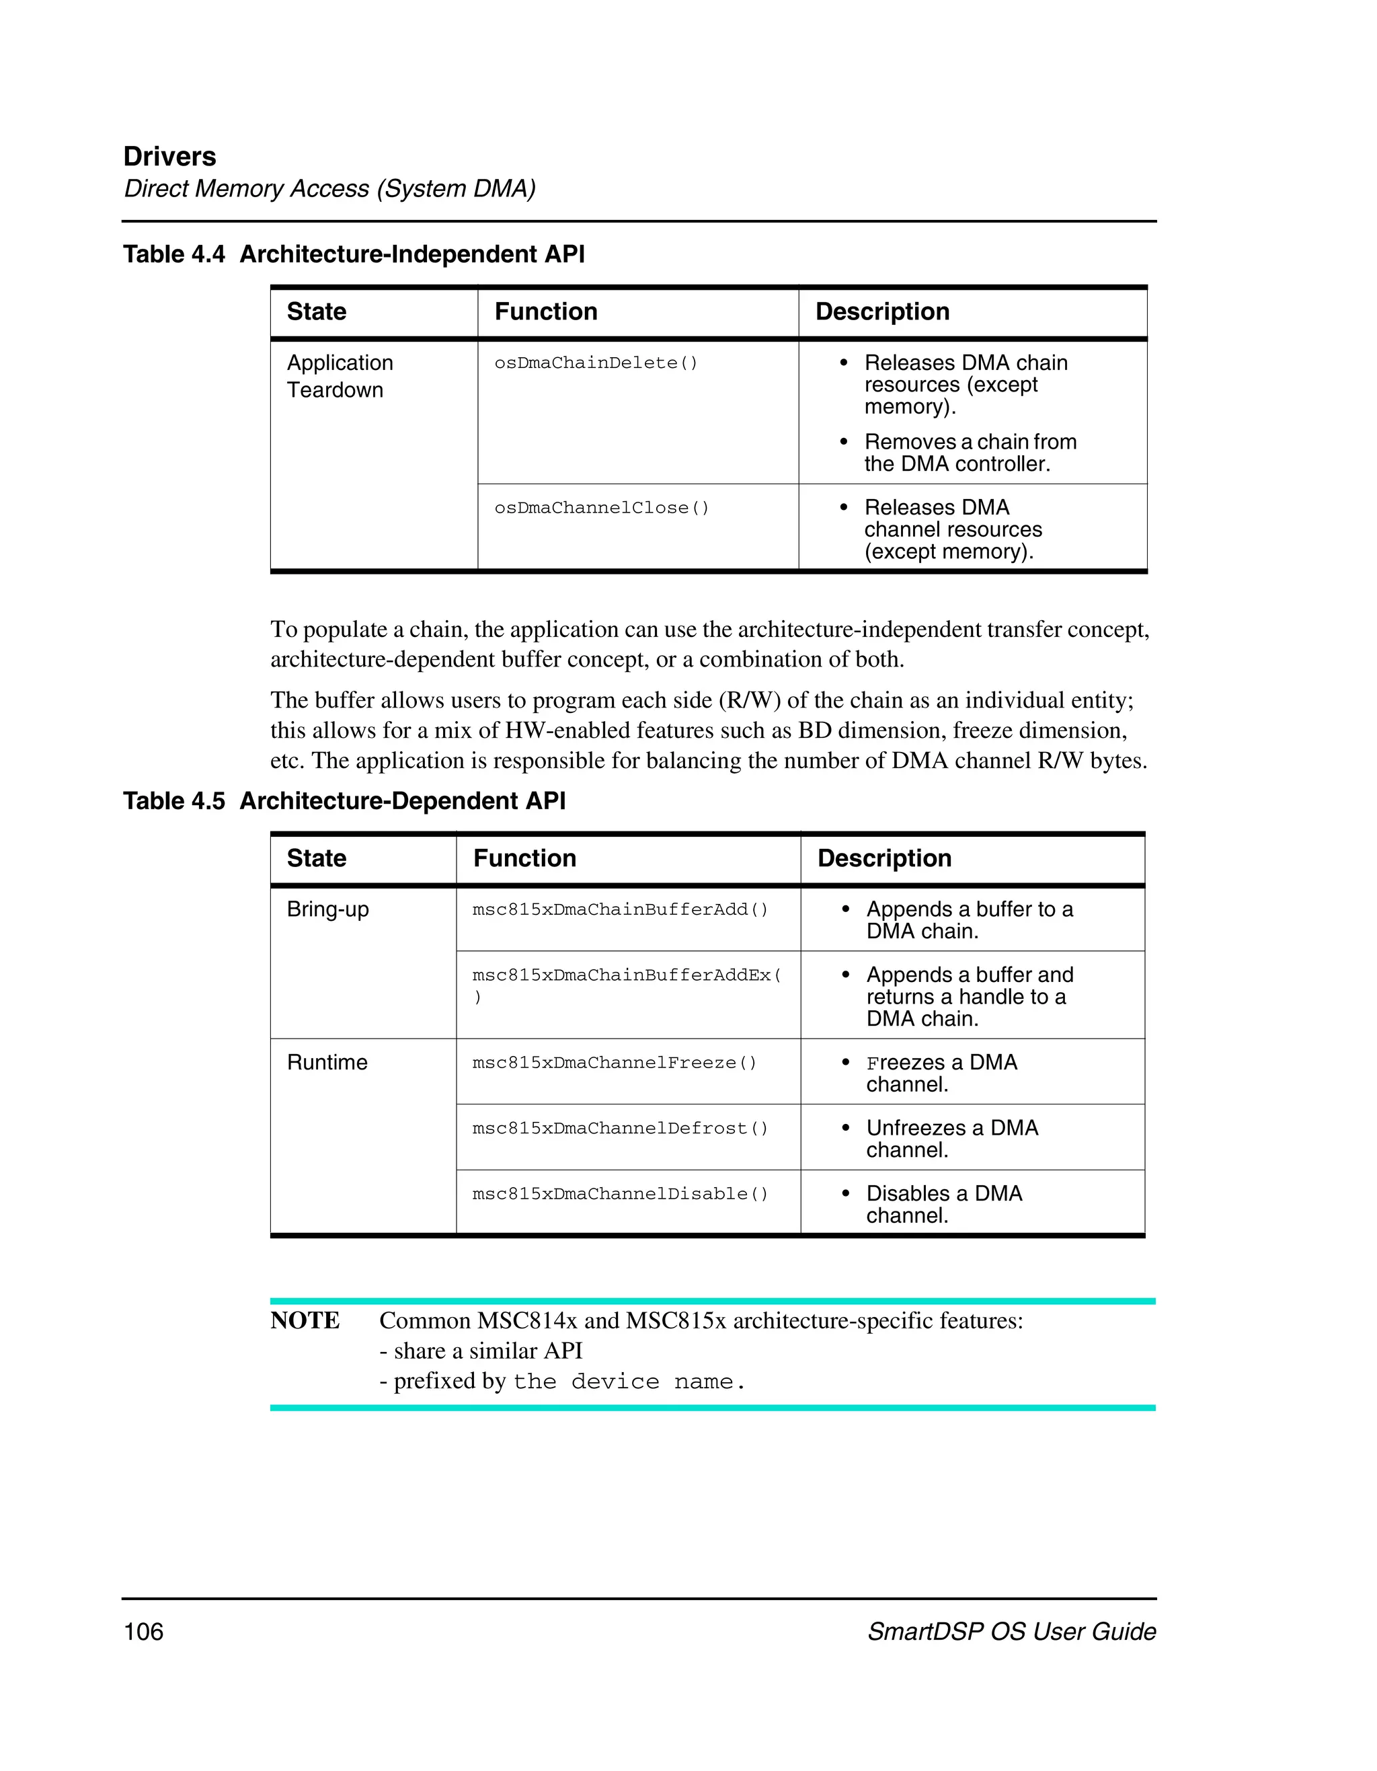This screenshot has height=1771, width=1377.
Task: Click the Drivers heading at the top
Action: (169, 157)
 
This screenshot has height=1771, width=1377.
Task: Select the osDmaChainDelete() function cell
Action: (596, 363)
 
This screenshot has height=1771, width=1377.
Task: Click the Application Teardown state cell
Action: (340, 376)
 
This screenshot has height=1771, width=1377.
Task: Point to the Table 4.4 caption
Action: (354, 255)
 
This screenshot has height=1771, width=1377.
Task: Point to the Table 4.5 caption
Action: (344, 801)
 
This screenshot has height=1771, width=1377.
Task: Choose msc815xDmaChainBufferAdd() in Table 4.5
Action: (620, 910)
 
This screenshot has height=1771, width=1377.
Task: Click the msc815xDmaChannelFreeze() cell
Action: (615, 1063)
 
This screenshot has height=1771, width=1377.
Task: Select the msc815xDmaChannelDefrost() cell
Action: (620, 1129)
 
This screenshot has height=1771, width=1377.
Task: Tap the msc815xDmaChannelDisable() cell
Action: (620, 1195)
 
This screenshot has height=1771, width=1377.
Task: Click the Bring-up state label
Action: (327, 910)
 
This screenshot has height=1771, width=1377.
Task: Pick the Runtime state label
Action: (327, 1063)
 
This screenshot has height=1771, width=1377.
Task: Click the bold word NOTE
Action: (305, 1321)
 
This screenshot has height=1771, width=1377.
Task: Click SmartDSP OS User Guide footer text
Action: (1011, 1632)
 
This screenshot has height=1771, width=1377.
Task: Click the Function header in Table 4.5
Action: (524, 859)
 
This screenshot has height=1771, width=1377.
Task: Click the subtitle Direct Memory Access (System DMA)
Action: (329, 189)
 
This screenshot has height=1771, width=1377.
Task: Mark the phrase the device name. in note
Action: (629, 1382)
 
